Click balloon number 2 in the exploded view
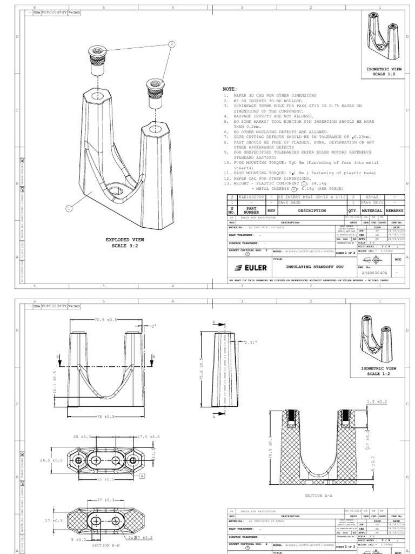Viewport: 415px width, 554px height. click(173, 44)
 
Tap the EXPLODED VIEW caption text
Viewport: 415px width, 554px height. click(125, 239)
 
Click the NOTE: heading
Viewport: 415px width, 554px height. click(230, 89)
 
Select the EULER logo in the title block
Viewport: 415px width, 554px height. click(248, 268)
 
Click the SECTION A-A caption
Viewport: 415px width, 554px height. click(320, 495)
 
